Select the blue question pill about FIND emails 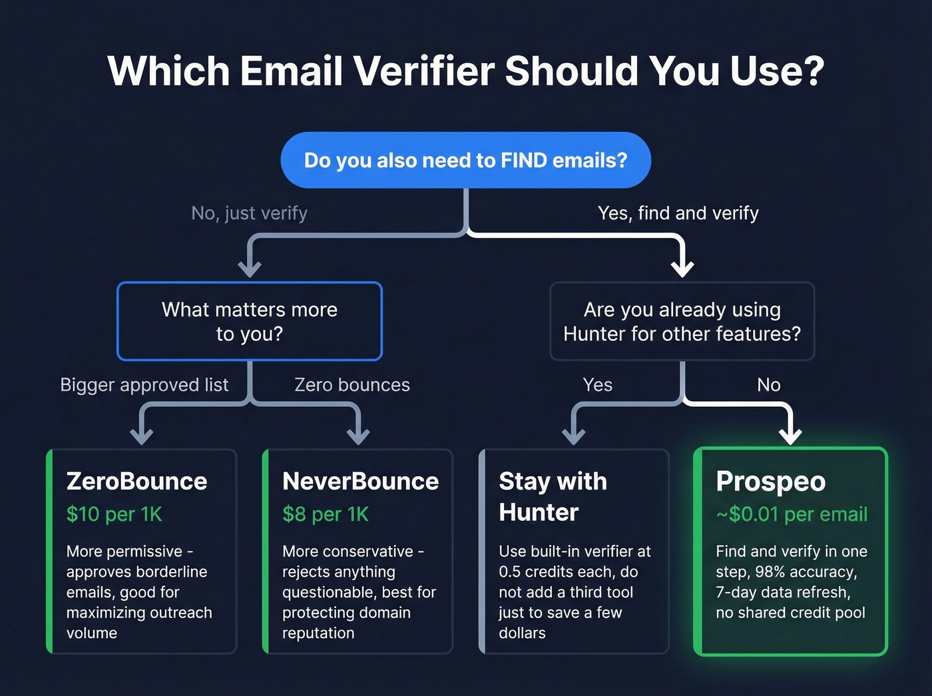pyautogui.click(x=465, y=161)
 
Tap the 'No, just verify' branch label pyautogui.click(x=249, y=213)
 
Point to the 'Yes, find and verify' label pyautogui.click(x=678, y=213)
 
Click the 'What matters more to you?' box pyautogui.click(x=250, y=321)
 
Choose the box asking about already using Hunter pyautogui.click(x=682, y=321)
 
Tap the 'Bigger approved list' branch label pyautogui.click(x=144, y=385)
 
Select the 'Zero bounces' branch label pyautogui.click(x=352, y=385)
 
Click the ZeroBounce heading pyautogui.click(x=136, y=481)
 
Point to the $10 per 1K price pyautogui.click(x=114, y=514)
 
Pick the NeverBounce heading pyautogui.click(x=360, y=481)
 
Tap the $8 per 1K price pyautogui.click(x=325, y=514)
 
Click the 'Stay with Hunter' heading pyautogui.click(x=553, y=496)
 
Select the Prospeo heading pyautogui.click(x=770, y=481)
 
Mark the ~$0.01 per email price pyautogui.click(x=792, y=514)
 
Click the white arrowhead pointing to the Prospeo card pyautogui.click(x=790, y=436)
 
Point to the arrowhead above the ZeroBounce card pyautogui.click(x=142, y=436)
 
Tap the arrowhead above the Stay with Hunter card pyautogui.click(x=573, y=436)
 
